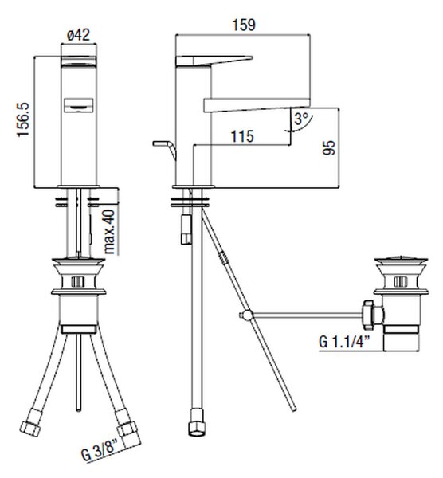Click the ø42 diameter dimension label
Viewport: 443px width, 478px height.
79,35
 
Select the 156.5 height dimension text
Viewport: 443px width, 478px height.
23,119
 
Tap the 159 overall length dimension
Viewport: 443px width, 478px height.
244,25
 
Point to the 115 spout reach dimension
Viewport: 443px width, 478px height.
242,136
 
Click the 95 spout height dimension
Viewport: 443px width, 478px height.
329,148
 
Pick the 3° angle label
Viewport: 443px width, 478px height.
301,119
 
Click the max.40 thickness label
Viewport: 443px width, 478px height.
109,232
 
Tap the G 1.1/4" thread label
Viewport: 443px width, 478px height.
344,342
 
